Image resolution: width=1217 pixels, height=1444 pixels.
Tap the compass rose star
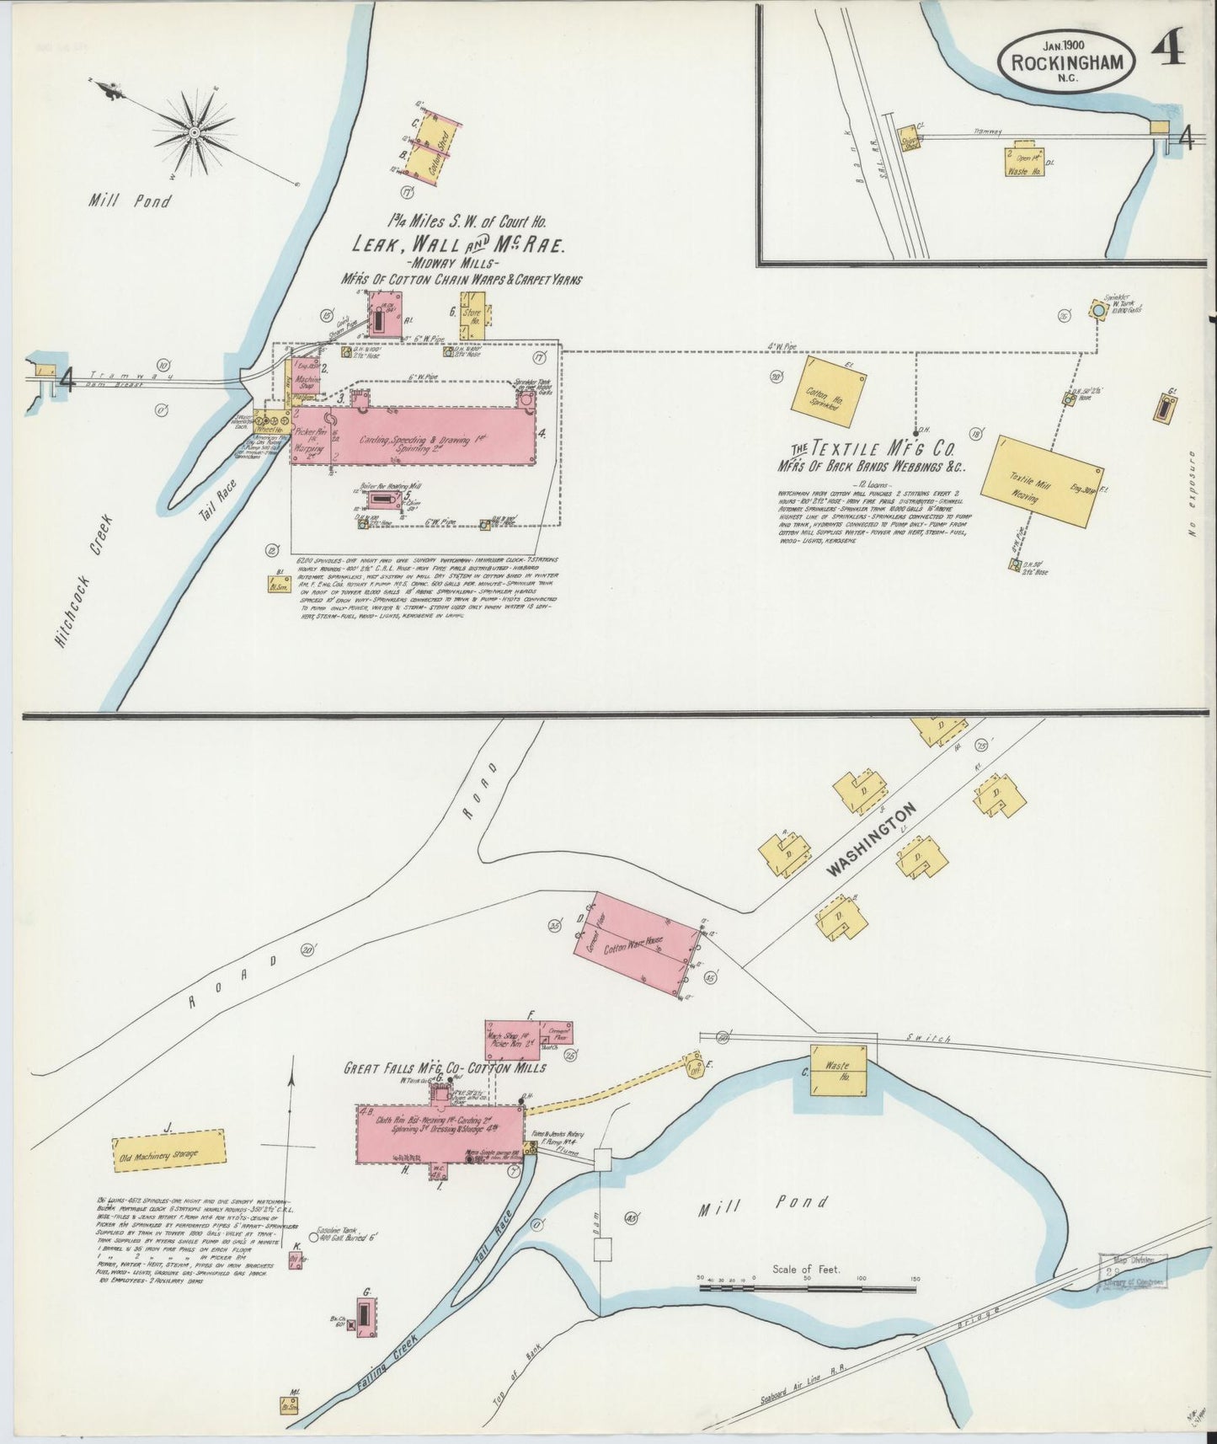[195, 132]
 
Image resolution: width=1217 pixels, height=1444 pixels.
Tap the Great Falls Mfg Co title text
[444, 1068]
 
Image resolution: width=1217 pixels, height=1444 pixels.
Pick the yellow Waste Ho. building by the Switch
[839, 1069]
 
